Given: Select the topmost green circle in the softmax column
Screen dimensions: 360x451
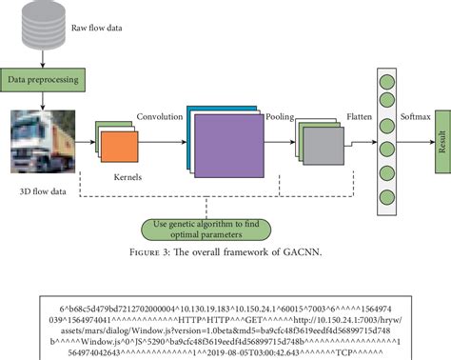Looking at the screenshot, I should coord(387,79).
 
